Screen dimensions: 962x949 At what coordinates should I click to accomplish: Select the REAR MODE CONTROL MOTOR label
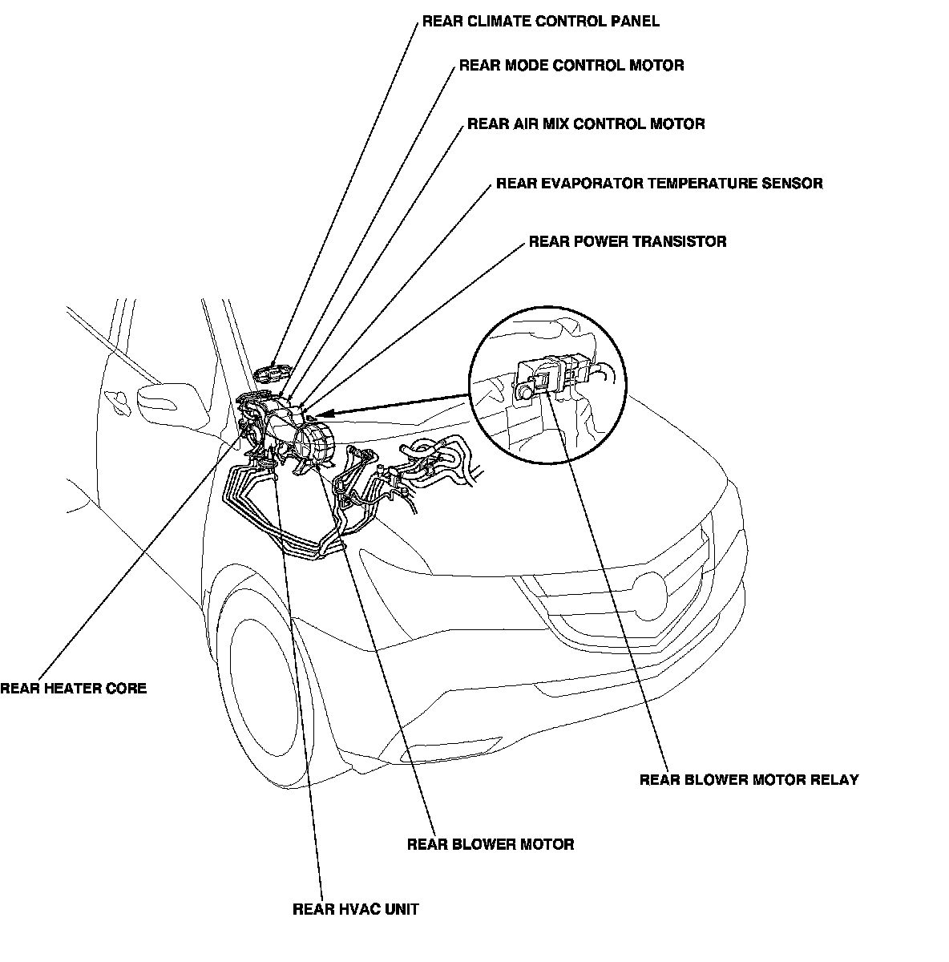[x=571, y=66]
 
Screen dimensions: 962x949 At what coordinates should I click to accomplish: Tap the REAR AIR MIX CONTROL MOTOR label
[x=586, y=124]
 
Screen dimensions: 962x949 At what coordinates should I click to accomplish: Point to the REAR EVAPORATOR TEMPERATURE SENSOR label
[x=659, y=184]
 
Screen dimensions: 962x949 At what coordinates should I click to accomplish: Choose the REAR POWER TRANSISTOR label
[x=627, y=241]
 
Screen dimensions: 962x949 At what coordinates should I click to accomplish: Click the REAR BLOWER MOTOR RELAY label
[x=749, y=779]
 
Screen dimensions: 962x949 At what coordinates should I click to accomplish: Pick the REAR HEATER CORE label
[x=74, y=688]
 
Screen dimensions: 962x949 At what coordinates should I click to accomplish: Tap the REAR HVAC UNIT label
[x=355, y=909]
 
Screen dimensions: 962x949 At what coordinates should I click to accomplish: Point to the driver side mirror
[x=164, y=398]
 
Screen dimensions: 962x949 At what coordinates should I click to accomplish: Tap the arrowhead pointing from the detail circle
[x=321, y=416]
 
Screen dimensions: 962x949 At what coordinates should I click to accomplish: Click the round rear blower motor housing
[x=313, y=443]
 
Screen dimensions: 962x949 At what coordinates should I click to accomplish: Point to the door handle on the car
[x=116, y=399]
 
